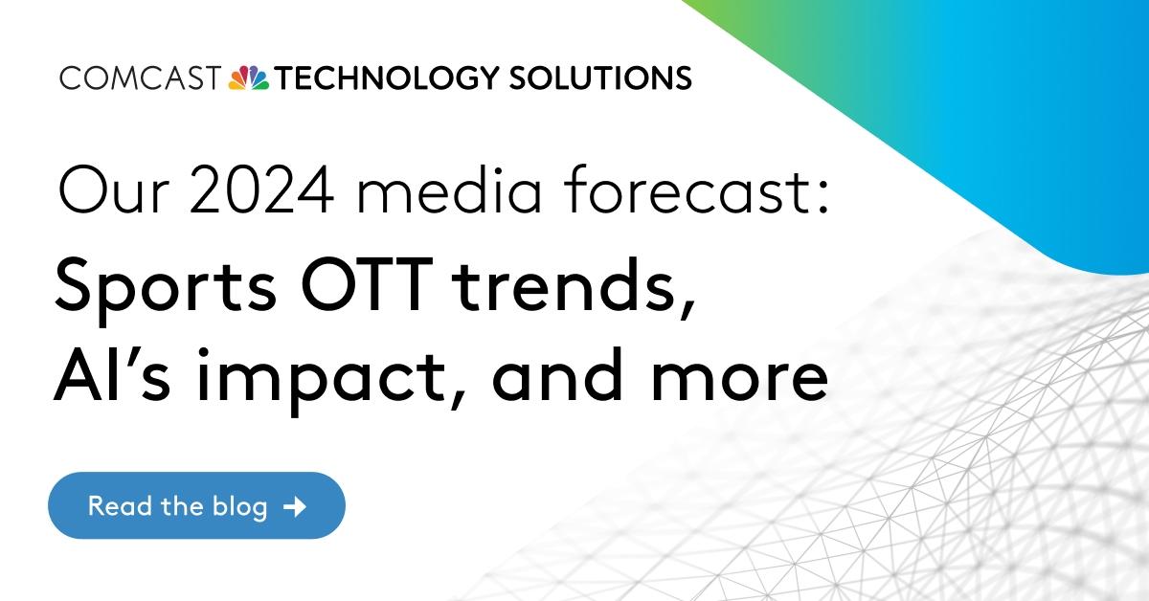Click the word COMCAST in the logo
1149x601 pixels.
pos(140,78)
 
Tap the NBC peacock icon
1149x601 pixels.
pos(250,78)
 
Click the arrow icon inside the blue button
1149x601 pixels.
pos(296,505)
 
